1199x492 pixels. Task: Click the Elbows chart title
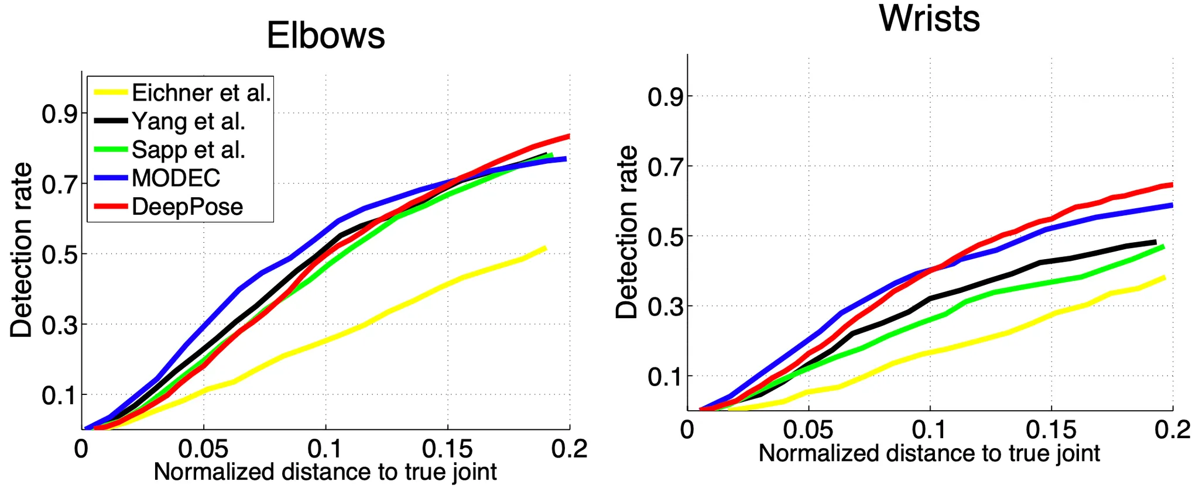pyautogui.click(x=326, y=35)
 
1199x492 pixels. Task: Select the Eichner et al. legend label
pyautogui.click(x=201, y=93)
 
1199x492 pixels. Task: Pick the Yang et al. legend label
pyautogui.click(x=188, y=121)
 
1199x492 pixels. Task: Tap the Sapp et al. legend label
pyautogui.click(x=188, y=150)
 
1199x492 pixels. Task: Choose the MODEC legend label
pyautogui.click(x=176, y=178)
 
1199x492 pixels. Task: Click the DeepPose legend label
pyautogui.click(x=187, y=207)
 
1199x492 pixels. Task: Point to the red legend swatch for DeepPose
pyautogui.click(x=111, y=207)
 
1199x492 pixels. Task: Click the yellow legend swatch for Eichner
pyautogui.click(x=111, y=92)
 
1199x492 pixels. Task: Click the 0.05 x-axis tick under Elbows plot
pyautogui.click(x=203, y=449)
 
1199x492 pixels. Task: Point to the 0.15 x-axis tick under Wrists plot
pyautogui.click(x=1051, y=430)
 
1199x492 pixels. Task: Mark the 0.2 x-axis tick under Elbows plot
pyautogui.click(x=569, y=449)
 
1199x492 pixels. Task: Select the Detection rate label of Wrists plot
pyautogui.click(x=627, y=232)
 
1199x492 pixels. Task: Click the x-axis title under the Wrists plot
pyautogui.click(x=929, y=454)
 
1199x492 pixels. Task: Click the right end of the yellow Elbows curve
pyautogui.click(x=545, y=248)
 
